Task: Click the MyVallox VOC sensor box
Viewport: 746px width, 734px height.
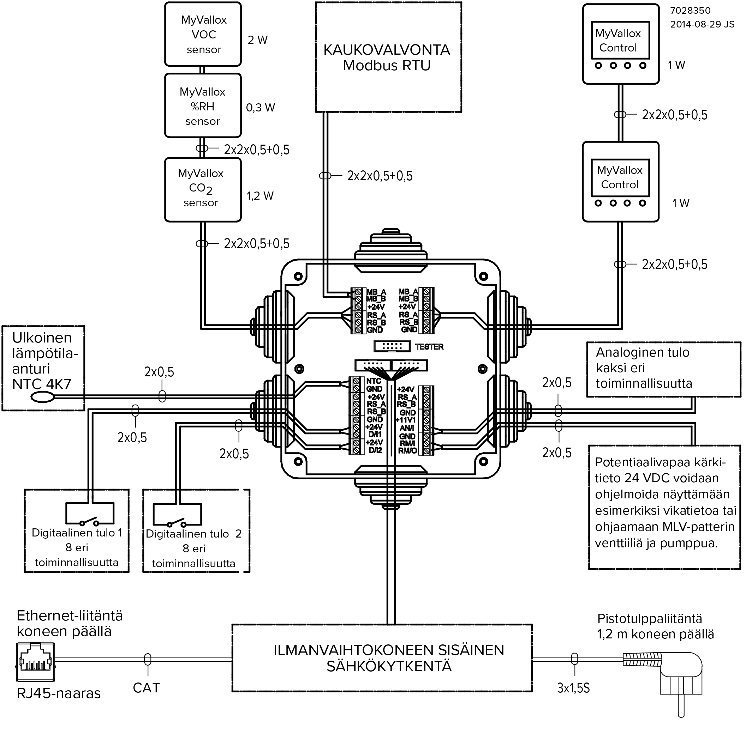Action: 203,34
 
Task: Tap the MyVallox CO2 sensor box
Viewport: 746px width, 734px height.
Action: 203,189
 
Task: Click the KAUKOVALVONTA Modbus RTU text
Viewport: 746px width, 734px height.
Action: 387,57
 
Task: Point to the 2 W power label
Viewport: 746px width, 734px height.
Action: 257,40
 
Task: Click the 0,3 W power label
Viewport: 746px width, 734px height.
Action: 261,108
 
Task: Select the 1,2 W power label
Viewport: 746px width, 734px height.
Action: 260,196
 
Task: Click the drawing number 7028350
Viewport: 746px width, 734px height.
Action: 690,11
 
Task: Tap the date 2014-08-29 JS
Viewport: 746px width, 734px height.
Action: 702,24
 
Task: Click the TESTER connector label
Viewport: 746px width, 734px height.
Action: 429,347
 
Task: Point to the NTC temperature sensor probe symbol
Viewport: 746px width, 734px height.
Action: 42,397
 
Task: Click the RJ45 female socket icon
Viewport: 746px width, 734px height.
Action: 36,662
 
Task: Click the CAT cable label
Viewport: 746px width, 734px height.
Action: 146,688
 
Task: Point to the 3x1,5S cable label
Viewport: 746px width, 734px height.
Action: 573,688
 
